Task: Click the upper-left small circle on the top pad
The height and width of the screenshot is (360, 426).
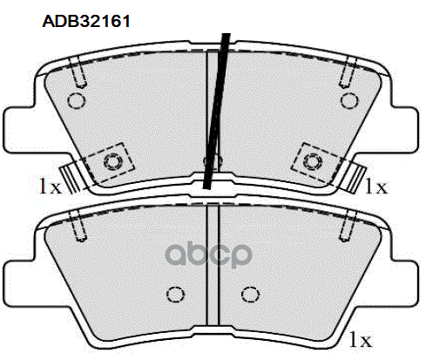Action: point(75,100)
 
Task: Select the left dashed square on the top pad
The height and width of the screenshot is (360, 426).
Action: point(112,161)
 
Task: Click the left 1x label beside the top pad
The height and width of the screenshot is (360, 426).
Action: point(48,185)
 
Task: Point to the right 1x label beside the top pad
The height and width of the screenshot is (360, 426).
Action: point(376,185)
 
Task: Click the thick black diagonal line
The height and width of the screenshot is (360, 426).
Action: point(217,109)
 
